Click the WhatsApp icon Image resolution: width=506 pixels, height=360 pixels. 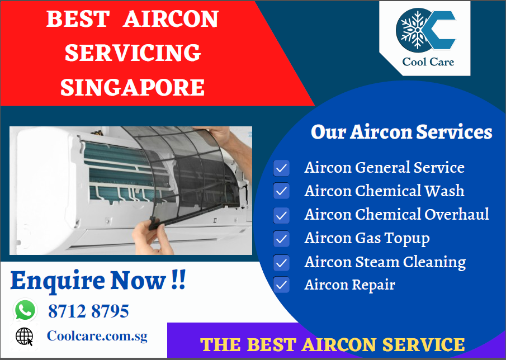[25, 310]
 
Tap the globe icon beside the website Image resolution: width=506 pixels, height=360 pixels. [25, 337]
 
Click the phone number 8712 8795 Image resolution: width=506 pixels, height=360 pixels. [88, 311]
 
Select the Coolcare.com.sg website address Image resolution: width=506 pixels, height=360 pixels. [97, 336]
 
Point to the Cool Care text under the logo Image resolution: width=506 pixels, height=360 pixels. [428, 61]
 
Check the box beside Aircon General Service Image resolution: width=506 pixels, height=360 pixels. [281, 168]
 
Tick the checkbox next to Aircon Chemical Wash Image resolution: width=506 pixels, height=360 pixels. [281, 191]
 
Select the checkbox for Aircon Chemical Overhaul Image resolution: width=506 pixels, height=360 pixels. [281, 215]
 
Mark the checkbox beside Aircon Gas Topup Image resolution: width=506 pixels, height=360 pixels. [281, 238]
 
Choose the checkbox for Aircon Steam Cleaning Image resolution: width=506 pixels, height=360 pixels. [281, 263]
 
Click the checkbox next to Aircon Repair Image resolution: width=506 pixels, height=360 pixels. [281, 285]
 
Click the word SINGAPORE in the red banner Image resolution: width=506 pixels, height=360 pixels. [133, 87]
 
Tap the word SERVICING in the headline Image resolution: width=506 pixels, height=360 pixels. [133, 53]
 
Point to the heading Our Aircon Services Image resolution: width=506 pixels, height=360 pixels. [401, 131]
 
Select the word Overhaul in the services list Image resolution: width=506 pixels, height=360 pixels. [457, 214]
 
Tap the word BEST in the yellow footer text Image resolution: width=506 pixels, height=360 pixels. [271, 344]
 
